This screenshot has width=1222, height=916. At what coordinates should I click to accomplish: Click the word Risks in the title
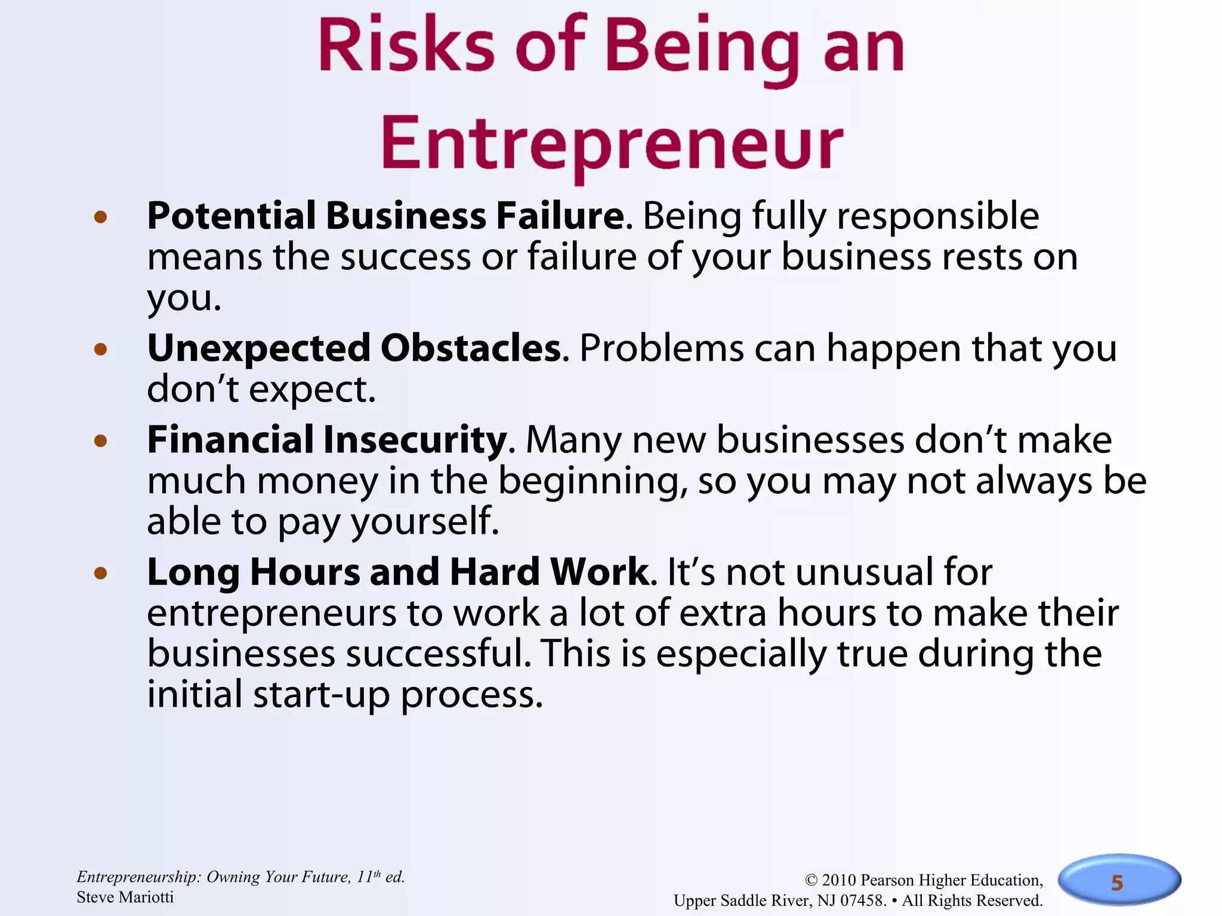point(406,47)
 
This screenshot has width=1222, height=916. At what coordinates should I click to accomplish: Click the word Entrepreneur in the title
point(612,144)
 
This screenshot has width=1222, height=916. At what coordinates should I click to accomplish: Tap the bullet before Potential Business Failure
point(100,217)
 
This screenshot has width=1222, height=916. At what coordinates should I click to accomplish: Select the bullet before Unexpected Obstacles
point(100,349)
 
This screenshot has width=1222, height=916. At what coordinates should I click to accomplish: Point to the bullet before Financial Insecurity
point(100,441)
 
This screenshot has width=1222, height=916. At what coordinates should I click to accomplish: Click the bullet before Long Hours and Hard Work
point(100,574)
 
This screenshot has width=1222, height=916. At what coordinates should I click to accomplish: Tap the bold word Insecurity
point(415,440)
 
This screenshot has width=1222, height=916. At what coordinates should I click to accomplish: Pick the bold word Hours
point(305,572)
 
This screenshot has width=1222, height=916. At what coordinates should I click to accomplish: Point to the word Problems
point(662,348)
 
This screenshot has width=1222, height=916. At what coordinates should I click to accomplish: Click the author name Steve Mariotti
point(125,898)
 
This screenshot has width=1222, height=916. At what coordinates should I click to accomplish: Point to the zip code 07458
point(863,900)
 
